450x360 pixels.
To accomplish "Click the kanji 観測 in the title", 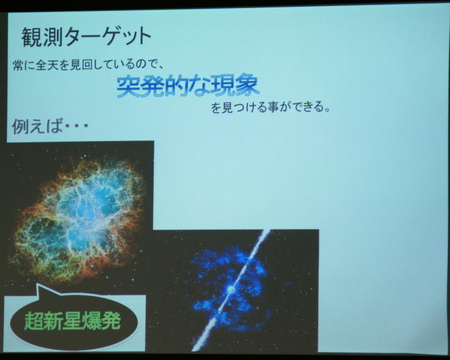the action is point(42,38).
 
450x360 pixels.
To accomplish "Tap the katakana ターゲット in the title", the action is point(107,37).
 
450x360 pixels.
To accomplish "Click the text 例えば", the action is point(37,126).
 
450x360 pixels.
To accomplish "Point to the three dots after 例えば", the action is point(76,126).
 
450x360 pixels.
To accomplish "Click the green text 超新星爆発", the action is point(73,320).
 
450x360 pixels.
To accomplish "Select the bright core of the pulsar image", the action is point(230,289).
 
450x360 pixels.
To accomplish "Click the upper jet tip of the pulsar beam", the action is point(269,231).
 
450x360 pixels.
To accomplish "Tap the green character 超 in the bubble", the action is point(34,321).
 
